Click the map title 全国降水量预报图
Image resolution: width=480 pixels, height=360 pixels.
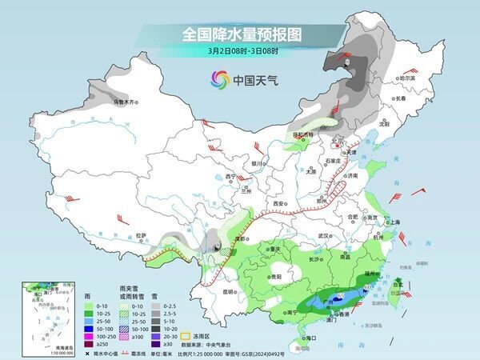(240, 34)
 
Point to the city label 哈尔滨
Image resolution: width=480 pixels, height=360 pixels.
(406, 78)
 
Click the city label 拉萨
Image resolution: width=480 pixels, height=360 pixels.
(141, 235)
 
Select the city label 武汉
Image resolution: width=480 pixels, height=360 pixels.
(323, 236)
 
